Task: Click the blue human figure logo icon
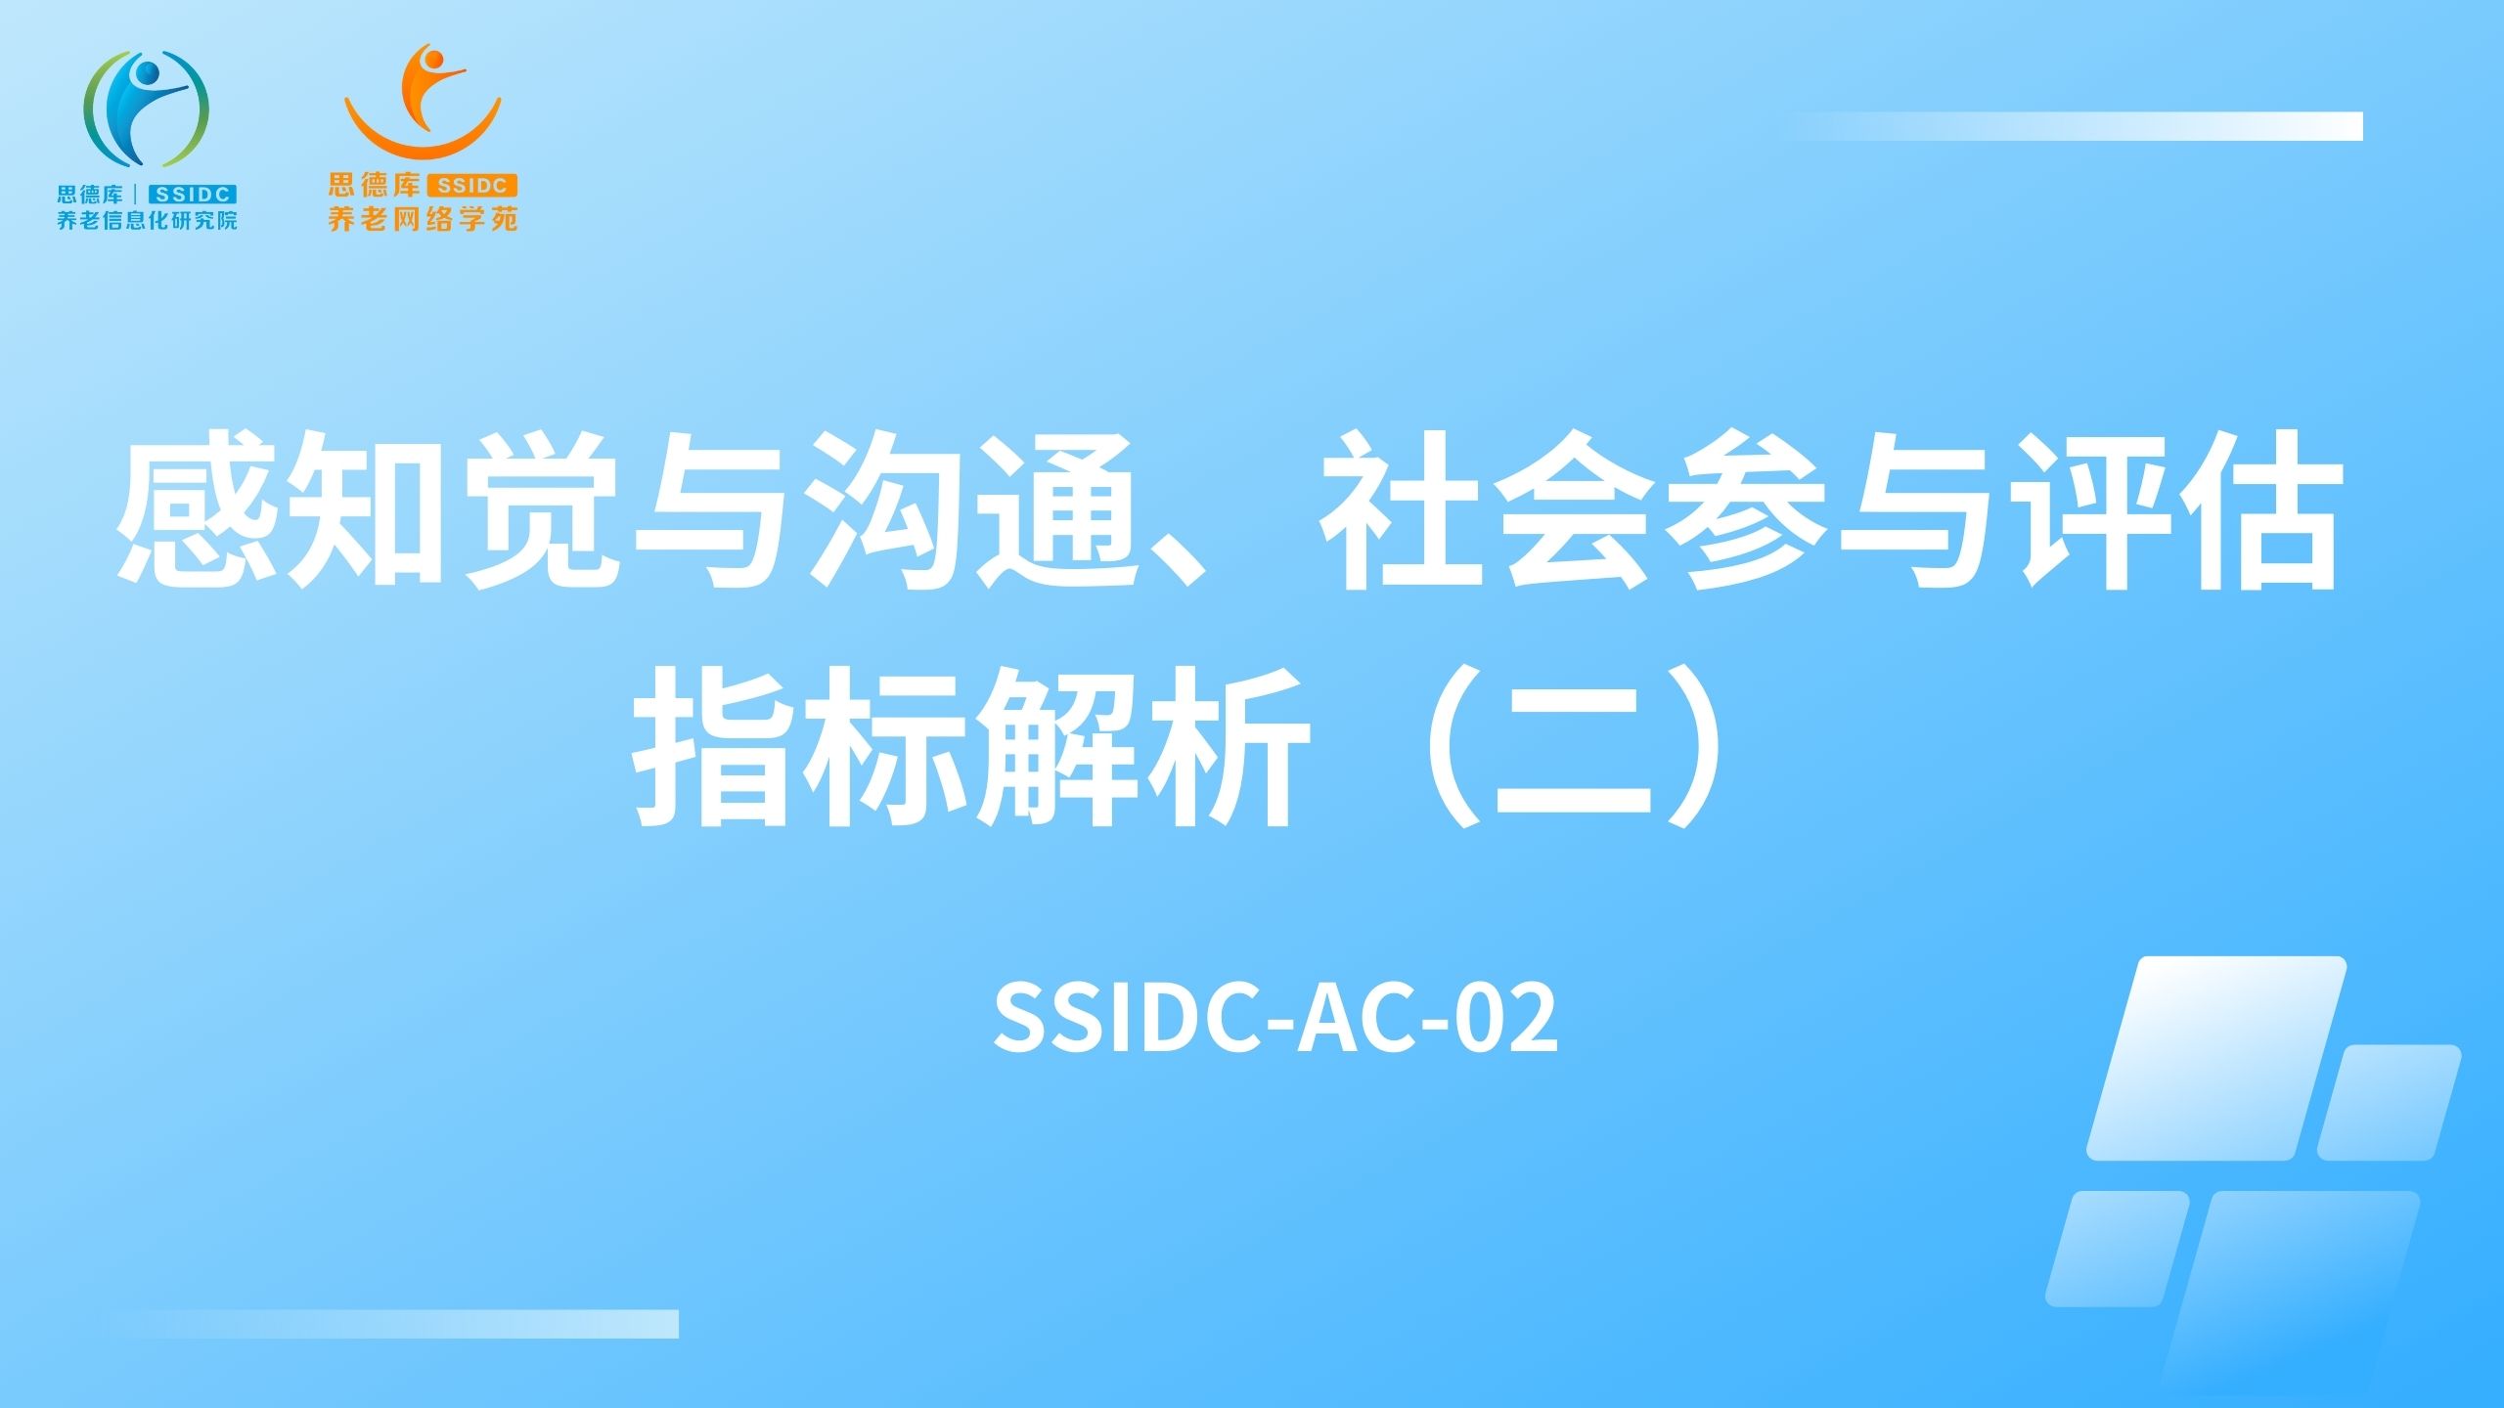[x=147, y=108]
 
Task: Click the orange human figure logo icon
[x=423, y=102]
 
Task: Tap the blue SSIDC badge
[x=192, y=195]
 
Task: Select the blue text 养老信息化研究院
[x=147, y=220]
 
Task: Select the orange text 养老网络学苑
[x=423, y=218]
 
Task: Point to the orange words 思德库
[x=374, y=185]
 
